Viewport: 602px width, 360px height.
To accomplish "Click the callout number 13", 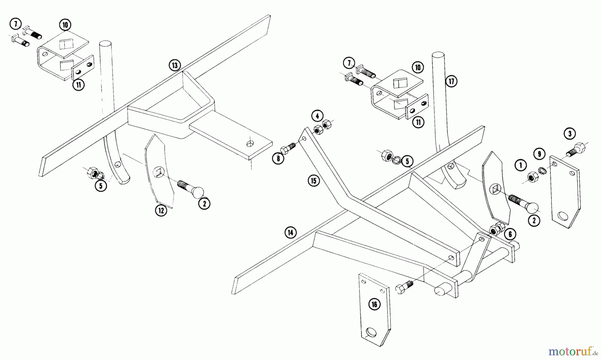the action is [175, 65].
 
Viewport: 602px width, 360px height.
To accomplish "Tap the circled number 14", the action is [291, 233].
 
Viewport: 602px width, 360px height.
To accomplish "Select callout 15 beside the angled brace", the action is [314, 181].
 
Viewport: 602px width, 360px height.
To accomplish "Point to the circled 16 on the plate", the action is [374, 304].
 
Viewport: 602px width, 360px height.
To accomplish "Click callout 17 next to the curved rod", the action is [451, 81].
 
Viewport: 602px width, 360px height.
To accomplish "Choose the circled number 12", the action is [161, 210].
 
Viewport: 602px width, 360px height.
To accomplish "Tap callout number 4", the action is [317, 116].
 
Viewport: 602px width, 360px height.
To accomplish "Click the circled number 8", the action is [278, 158].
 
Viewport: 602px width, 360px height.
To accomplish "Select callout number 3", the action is [570, 134].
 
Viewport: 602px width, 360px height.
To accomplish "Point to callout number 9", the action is [539, 154].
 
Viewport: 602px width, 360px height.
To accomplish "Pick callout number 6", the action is [510, 234].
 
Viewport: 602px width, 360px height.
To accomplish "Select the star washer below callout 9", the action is [543, 172].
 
